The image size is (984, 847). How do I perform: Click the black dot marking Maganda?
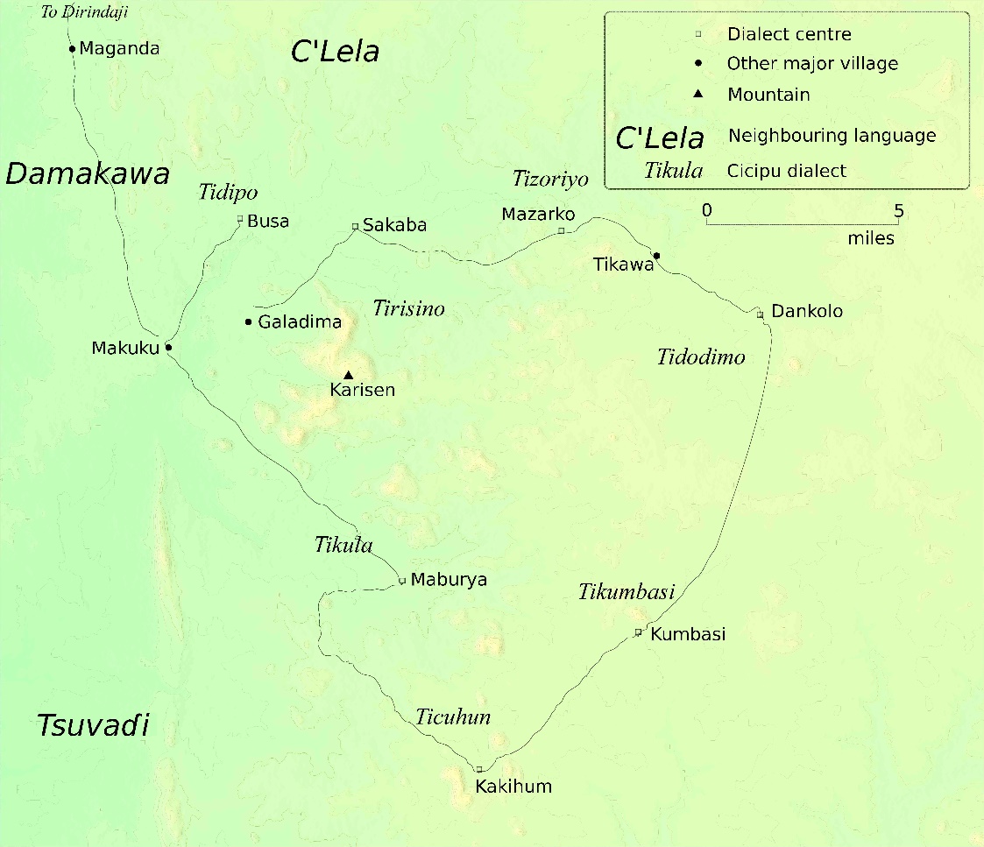(73, 49)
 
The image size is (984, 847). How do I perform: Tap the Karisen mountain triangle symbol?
(348, 375)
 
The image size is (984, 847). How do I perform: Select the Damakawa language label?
(88, 174)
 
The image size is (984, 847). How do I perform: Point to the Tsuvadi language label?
(93, 725)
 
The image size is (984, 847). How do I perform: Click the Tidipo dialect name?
(229, 193)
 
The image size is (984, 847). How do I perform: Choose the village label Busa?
(268, 222)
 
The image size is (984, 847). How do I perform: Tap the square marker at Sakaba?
(355, 226)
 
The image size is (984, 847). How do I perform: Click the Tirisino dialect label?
(408, 308)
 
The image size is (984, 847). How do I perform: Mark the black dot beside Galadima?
(249, 321)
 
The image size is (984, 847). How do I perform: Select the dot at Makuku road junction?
(168, 348)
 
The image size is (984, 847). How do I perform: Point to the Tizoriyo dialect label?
(550, 180)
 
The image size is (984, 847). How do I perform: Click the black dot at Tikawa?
(656, 256)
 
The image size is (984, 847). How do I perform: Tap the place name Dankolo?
(807, 311)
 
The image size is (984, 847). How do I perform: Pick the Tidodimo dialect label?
(701, 356)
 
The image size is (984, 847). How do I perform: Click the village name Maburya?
(449, 580)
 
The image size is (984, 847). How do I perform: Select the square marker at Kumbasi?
(638, 632)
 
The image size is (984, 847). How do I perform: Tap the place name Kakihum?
(513, 787)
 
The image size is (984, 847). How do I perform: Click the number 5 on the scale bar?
(898, 211)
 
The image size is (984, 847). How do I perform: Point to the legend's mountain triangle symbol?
(698, 94)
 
